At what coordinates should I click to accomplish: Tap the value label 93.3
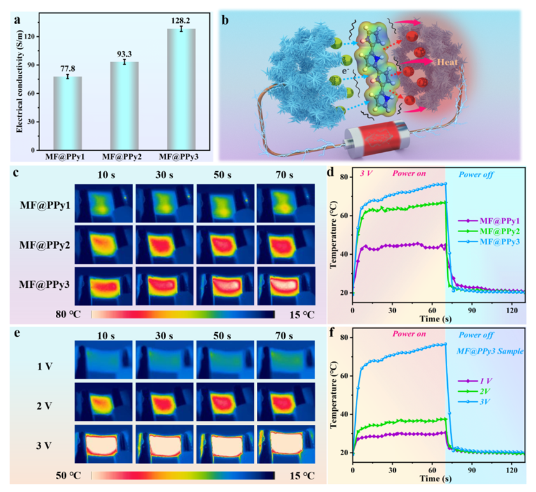coord(123,53)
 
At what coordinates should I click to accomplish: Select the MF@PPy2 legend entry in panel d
coord(494,232)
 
